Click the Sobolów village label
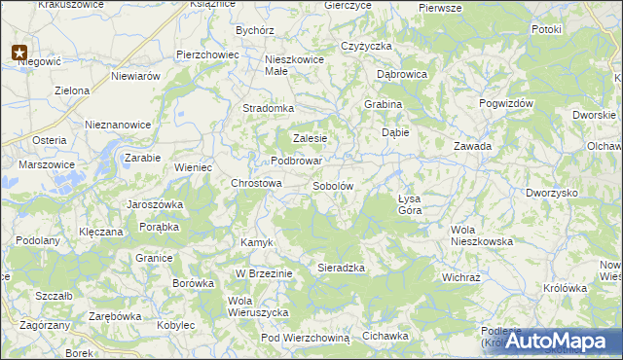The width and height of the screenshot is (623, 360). click(x=332, y=185)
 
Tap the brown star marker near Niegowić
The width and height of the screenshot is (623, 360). click(x=19, y=53)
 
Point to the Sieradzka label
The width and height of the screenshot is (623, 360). click(x=341, y=267)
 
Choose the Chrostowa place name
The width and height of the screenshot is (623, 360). click(x=256, y=183)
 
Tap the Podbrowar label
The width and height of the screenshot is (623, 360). click(x=296, y=161)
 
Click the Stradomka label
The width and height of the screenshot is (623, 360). click(x=268, y=108)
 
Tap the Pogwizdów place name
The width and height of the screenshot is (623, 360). click(x=507, y=102)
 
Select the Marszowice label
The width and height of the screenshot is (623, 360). click(x=46, y=164)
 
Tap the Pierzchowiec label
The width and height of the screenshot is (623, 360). click(x=207, y=54)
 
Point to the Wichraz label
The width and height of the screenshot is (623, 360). click(x=461, y=276)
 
